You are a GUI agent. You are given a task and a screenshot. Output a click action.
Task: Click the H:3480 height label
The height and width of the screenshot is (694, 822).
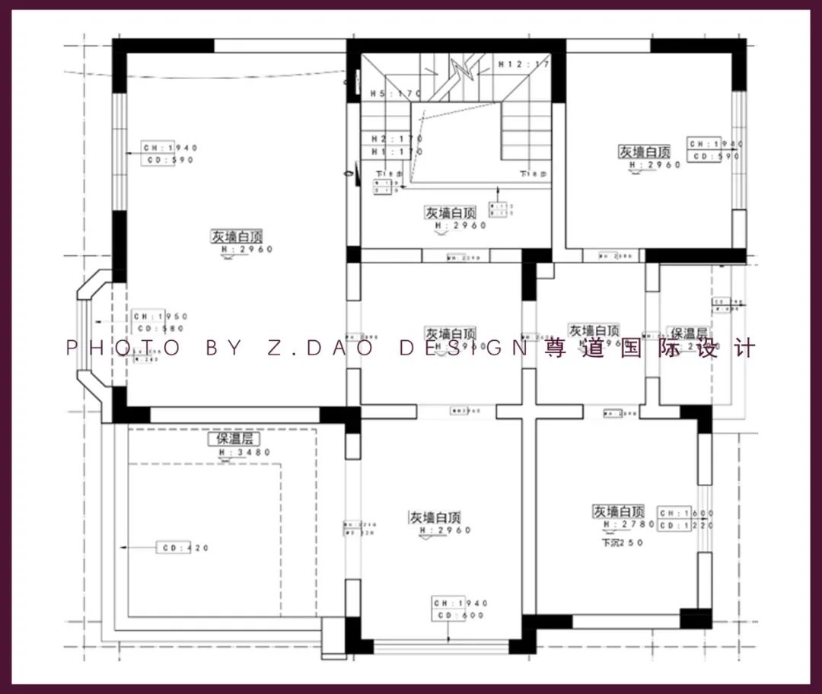click(245, 452)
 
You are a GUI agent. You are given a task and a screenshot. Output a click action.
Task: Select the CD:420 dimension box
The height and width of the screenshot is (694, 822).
click(182, 548)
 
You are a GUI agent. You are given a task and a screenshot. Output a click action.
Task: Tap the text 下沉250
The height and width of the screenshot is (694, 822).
click(623, 543)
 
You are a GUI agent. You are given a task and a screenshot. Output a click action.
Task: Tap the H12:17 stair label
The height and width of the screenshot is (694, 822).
click(524, 65)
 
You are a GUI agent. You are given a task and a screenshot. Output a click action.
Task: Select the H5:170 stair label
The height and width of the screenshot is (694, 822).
click(396, 94)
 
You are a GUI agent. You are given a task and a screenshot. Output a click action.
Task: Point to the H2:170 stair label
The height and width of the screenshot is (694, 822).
click(397, 139)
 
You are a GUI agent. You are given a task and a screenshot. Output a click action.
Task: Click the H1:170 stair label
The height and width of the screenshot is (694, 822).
click(397, 151)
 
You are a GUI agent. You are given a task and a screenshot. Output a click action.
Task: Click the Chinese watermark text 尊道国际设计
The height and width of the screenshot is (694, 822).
click(650, 349)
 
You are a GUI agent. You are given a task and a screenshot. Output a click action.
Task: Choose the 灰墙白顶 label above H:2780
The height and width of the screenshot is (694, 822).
click(619, 511)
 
